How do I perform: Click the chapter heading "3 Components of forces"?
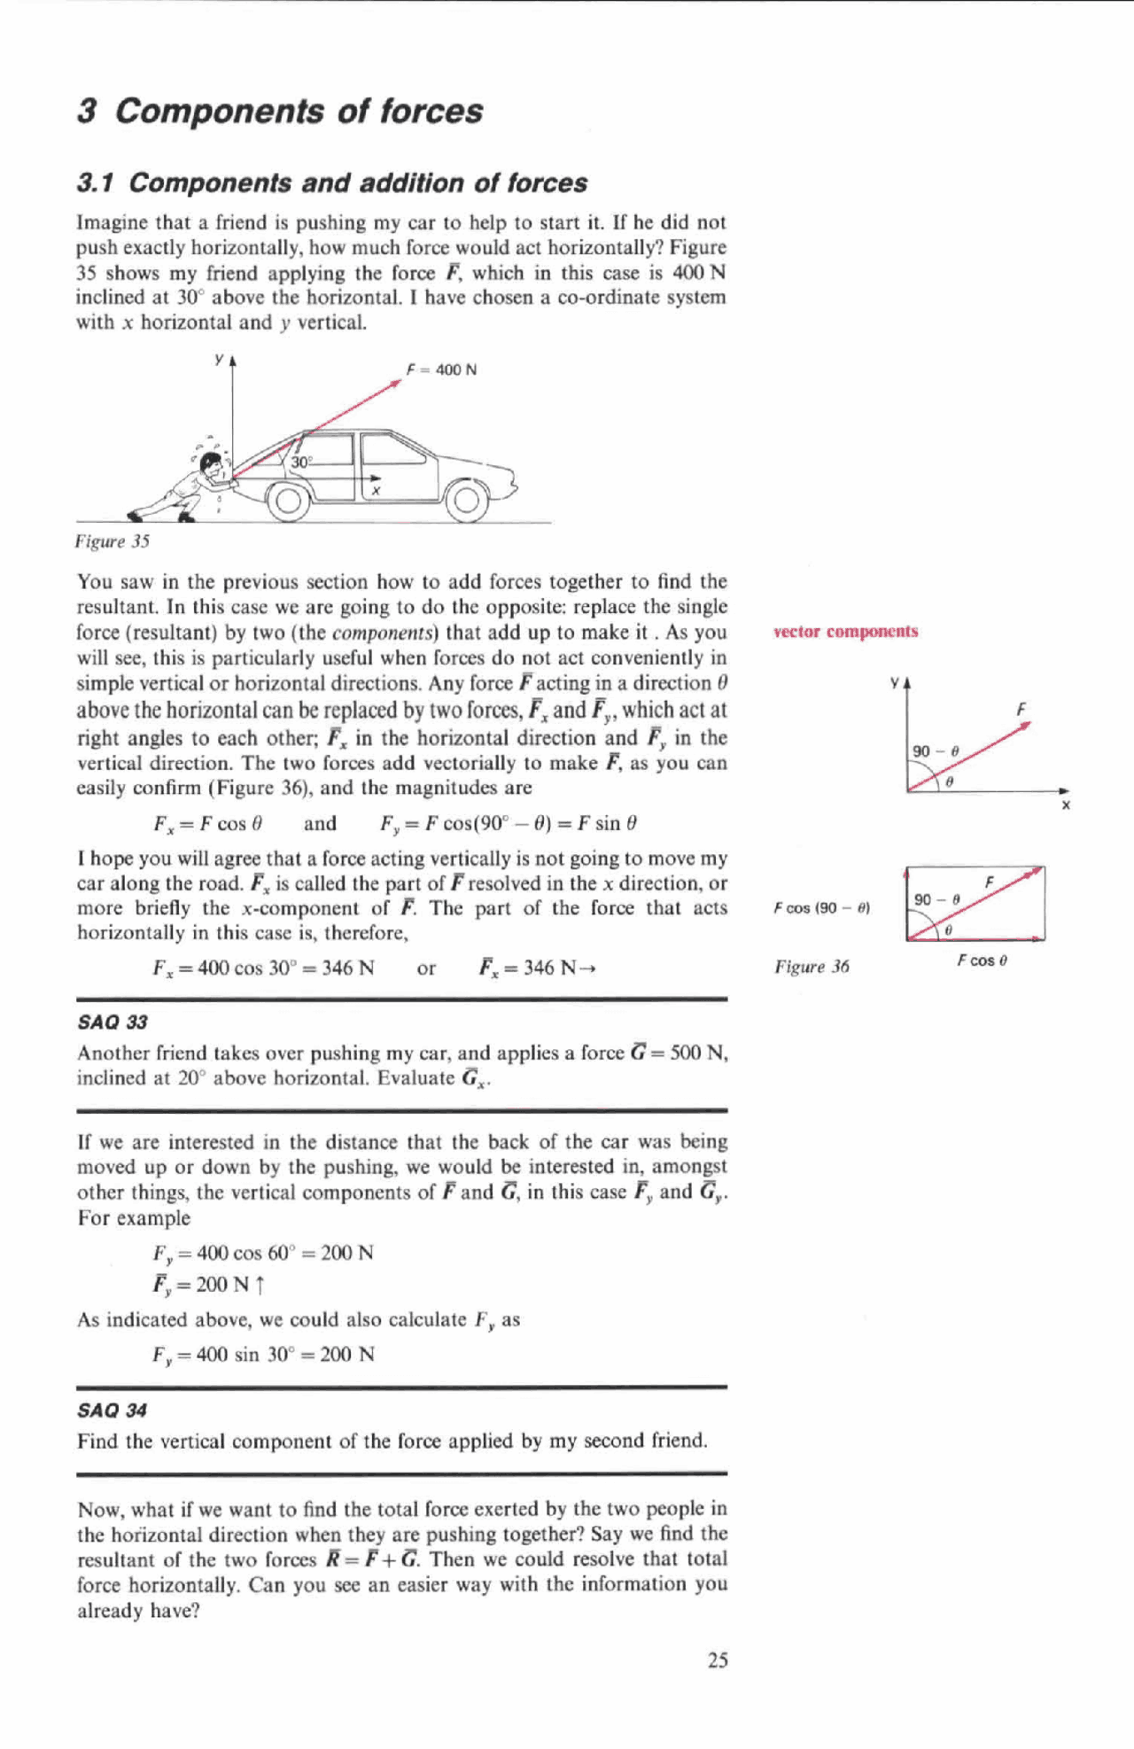point(280,111)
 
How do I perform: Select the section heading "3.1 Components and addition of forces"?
point(331,183)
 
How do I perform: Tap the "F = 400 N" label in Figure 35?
point(441,369)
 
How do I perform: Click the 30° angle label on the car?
point(301,463)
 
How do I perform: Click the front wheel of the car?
point(466,501)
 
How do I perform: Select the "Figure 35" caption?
point(113,540)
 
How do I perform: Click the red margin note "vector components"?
point(845,632)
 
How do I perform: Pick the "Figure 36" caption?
point(812,967)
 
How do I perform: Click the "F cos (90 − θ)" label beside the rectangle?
point(821,908)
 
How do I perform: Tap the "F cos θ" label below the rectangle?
point(982,960)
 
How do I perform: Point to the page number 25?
point(718,1660)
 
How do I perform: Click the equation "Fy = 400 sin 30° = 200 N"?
point(263,1355)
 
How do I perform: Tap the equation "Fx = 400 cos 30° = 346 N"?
point(263,968)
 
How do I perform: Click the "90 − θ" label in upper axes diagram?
point(936,751)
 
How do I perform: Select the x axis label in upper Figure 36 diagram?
point(1066,805)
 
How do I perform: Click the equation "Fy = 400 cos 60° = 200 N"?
point(263,1253)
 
